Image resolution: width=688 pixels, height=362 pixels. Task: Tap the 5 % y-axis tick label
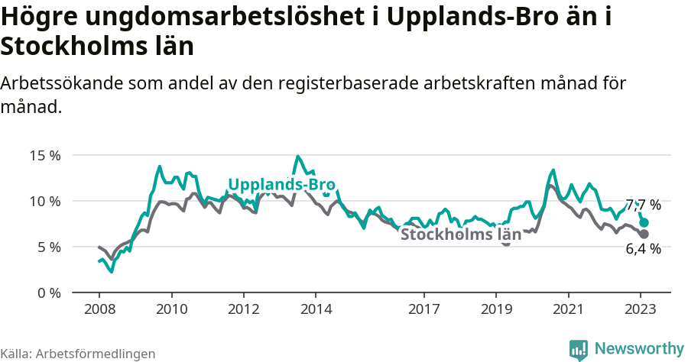point(48,247)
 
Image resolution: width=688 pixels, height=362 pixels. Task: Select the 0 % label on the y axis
point(48,293)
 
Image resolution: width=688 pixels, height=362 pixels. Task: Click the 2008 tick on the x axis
point(99,309)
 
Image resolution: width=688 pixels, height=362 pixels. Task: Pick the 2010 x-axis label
point(171,309)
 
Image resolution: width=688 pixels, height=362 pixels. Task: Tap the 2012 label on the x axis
point(244,309)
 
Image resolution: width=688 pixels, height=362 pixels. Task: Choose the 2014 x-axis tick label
point(316,309)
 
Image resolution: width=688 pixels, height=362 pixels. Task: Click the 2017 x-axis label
point(424,309)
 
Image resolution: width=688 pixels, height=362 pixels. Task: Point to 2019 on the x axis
point(496,309)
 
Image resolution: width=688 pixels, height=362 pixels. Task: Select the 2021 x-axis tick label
point(568,309)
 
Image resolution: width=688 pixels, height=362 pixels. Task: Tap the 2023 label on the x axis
point(640,309)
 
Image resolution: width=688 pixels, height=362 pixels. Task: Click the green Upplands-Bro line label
point(282,185)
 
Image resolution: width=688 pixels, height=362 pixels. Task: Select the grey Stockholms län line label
point(461,234)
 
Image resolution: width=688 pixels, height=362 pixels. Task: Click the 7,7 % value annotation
point(643,205)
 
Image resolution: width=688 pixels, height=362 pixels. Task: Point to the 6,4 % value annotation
point(643,248)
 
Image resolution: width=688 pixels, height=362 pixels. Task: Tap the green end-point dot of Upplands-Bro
point(644,222)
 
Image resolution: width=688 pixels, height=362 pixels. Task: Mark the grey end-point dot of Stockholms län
point(644,234)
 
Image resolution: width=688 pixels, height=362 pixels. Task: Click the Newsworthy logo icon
point(579,349)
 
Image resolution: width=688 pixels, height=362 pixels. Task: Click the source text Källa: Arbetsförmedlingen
point(78,354)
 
